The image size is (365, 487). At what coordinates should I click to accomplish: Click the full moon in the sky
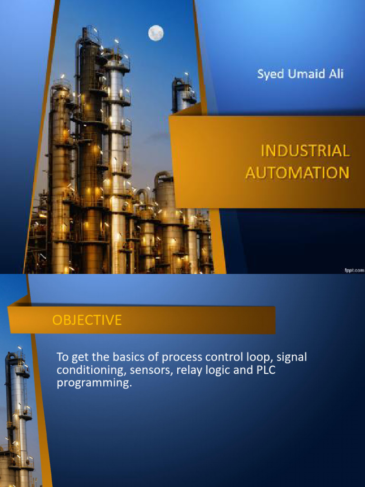coord(156,33)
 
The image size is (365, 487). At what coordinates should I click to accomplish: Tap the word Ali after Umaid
coord(335,74)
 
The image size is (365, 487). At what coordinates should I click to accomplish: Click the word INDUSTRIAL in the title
coord(305,151)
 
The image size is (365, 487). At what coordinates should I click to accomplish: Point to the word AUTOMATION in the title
coord(298,172)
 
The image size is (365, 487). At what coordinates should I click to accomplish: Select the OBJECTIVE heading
coord(87,320)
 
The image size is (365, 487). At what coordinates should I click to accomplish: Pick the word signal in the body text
coord(291,357)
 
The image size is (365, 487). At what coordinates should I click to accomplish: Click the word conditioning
coord(87,370)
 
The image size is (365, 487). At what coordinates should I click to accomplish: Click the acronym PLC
coord(266,370)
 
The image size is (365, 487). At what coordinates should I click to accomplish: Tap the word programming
coord(93,383)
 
